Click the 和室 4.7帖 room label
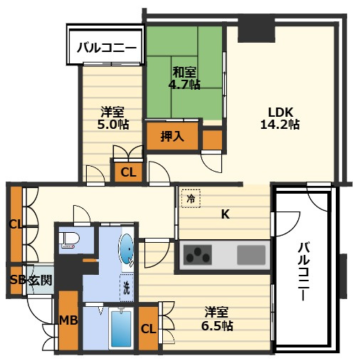click(184, 78)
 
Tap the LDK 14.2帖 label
click(280, 118)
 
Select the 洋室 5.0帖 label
click(113, 118)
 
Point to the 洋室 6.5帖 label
click(217, 319)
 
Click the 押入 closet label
click(172, 137)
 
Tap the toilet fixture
click(69, 241)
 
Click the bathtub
click(121, 328)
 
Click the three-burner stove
click(198, 255)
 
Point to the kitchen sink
click(251, 255)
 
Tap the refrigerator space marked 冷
click(191, 199)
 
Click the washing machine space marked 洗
click(127, 288)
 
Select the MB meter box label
click(68, 320)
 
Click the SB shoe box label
click(18, 281)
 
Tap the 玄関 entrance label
click(41, 281)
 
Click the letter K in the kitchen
click(226, 214)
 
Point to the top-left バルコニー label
click(107, 48)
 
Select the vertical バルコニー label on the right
click(304, 272)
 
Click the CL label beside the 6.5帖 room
click(148, 329)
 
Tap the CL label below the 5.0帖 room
click(128, 172)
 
